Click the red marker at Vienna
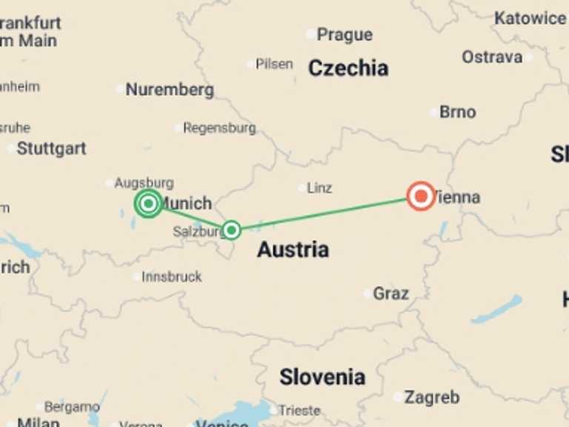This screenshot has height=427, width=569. point(422,196)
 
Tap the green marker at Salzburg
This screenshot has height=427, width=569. point(232,230)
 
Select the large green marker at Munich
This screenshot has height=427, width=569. point(149,203)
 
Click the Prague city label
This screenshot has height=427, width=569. point(345,34)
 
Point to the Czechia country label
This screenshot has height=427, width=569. point(347,68)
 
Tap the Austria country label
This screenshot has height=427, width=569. point(293,250)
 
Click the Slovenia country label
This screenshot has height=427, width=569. point(322,377)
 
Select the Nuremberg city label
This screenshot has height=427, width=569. point(170,90)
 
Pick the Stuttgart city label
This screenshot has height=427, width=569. point(51,148)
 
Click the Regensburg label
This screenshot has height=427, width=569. point(219,128)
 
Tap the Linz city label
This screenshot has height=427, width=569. point(319,188)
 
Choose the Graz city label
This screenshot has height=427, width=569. point(390,294)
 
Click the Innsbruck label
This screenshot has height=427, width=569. point(172,277)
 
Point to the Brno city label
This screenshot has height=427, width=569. point(457,112)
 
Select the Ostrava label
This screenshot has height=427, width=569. point(492,56)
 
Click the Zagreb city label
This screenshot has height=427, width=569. point(432,397)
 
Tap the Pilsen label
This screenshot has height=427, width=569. point(274,64)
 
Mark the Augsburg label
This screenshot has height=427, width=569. point(144,182)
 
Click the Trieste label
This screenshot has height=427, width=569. point(299,410)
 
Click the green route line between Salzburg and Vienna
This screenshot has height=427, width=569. point(326,213)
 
